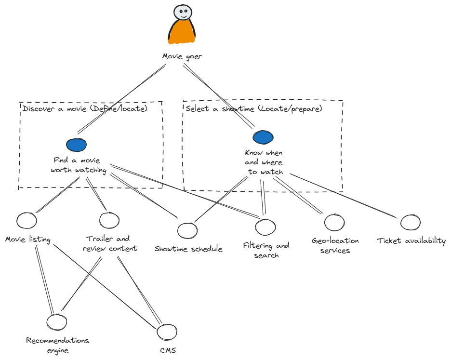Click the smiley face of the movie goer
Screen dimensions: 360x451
click(182, 13)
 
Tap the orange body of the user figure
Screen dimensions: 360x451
click(182, 33)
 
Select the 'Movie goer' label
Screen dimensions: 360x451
click(182, 57)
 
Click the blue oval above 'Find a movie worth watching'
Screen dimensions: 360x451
click(77, 144)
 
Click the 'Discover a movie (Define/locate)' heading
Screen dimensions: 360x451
click(85, 109)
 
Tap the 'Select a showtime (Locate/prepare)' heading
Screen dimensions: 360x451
click(253, 109)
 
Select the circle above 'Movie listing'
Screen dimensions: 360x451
click(27, 220)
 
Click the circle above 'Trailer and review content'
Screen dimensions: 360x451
click(109, 220)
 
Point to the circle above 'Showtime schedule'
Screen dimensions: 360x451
click(187, 230)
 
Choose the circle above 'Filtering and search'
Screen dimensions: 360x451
click(265, 226)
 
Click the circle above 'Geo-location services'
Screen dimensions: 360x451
click(334, 222)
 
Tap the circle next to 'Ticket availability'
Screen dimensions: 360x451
click(411, 222)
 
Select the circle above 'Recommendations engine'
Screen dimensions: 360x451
click(57, 321)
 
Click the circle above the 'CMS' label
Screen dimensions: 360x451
click(168, 332)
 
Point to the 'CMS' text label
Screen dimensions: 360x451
click(168, 350)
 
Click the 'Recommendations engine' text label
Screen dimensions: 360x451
click(58, 345)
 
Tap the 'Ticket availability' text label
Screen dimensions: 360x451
click(411, 241)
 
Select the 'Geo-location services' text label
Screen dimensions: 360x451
click(335, 245)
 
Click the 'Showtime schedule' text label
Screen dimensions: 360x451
click(188, 249)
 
